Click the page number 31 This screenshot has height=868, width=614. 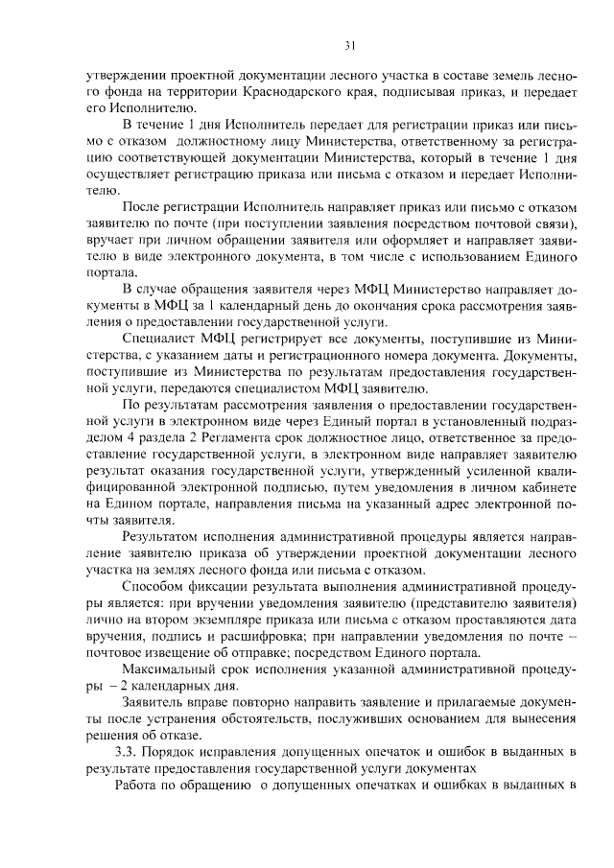tap(350, 45)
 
